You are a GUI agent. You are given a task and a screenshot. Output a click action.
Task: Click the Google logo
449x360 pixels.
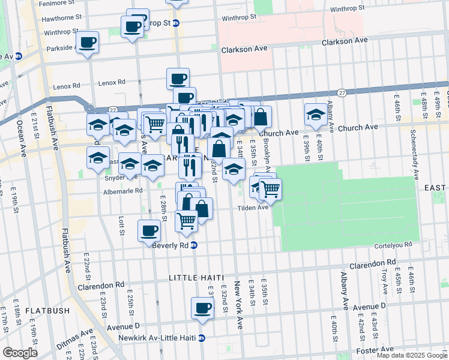tap(20, 353)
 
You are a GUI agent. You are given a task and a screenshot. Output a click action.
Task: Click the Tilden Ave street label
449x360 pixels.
tap(255, 208)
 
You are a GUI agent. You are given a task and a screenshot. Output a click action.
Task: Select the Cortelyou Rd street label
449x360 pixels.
tap(391, 244)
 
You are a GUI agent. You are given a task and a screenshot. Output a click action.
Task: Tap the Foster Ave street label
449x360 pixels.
tap(375, 349)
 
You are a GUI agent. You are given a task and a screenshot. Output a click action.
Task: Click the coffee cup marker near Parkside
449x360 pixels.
tap(87, 42)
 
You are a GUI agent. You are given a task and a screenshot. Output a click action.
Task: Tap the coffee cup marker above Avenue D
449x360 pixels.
tap(202, 308)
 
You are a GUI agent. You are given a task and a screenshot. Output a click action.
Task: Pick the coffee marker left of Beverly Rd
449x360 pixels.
tap(149, 230)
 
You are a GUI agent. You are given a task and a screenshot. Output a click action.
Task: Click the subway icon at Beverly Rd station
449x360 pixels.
tap(194, 245)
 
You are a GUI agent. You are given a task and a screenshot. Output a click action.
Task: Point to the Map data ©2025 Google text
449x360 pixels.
tap(412, 355)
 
